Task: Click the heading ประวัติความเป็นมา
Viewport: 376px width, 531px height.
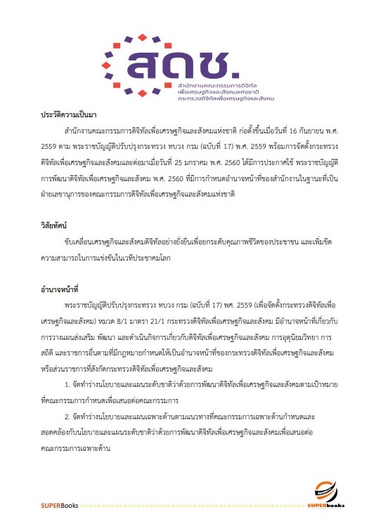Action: point(70,113)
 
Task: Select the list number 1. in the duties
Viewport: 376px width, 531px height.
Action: point(66,385)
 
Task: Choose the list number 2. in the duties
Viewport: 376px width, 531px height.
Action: point(66,417)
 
